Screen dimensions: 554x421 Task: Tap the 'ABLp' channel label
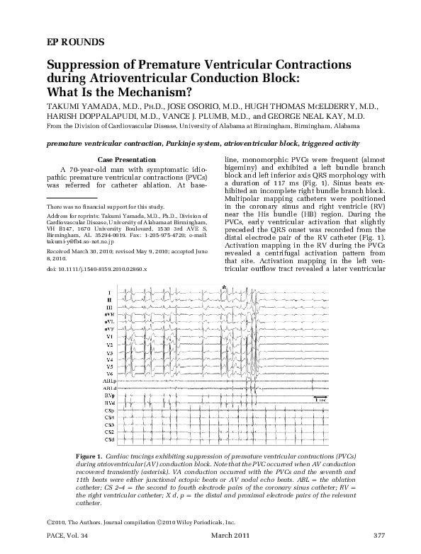(108, 381)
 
